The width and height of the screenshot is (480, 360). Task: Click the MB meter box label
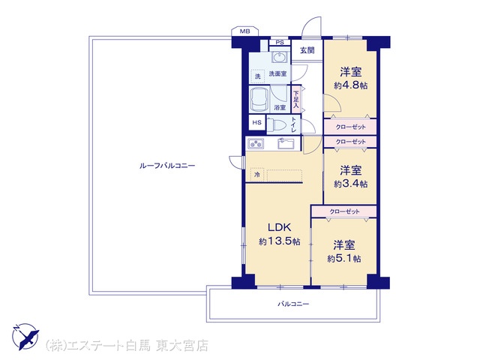[245, 31]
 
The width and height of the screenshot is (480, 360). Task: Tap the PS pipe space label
[280, 43]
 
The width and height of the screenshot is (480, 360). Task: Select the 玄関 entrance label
[307, 50]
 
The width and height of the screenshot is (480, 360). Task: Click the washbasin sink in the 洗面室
[279, 57]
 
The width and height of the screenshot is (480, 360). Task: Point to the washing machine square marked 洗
[258, 76]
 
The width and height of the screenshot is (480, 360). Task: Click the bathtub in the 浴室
[259, 99]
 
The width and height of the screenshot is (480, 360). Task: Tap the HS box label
[256, 122]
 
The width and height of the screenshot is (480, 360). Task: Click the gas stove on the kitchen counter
[256, 143]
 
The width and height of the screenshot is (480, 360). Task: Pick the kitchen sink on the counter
[286, 143]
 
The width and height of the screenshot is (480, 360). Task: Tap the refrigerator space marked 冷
[257, 175]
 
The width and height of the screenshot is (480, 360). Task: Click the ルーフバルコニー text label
[166, 166]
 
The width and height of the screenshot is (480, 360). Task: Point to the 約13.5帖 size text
[279, 241]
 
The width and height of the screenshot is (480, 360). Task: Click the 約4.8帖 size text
[351, 85]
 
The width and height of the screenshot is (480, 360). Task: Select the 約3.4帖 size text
[351, 184]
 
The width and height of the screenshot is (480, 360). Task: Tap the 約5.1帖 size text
[344, 259]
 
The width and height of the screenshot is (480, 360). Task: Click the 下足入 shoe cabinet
[295, 99]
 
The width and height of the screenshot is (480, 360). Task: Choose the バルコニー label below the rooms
[293, 304]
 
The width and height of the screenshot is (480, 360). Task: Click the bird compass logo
[25, 337]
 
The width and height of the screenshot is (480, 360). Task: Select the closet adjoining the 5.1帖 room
[344, 211]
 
